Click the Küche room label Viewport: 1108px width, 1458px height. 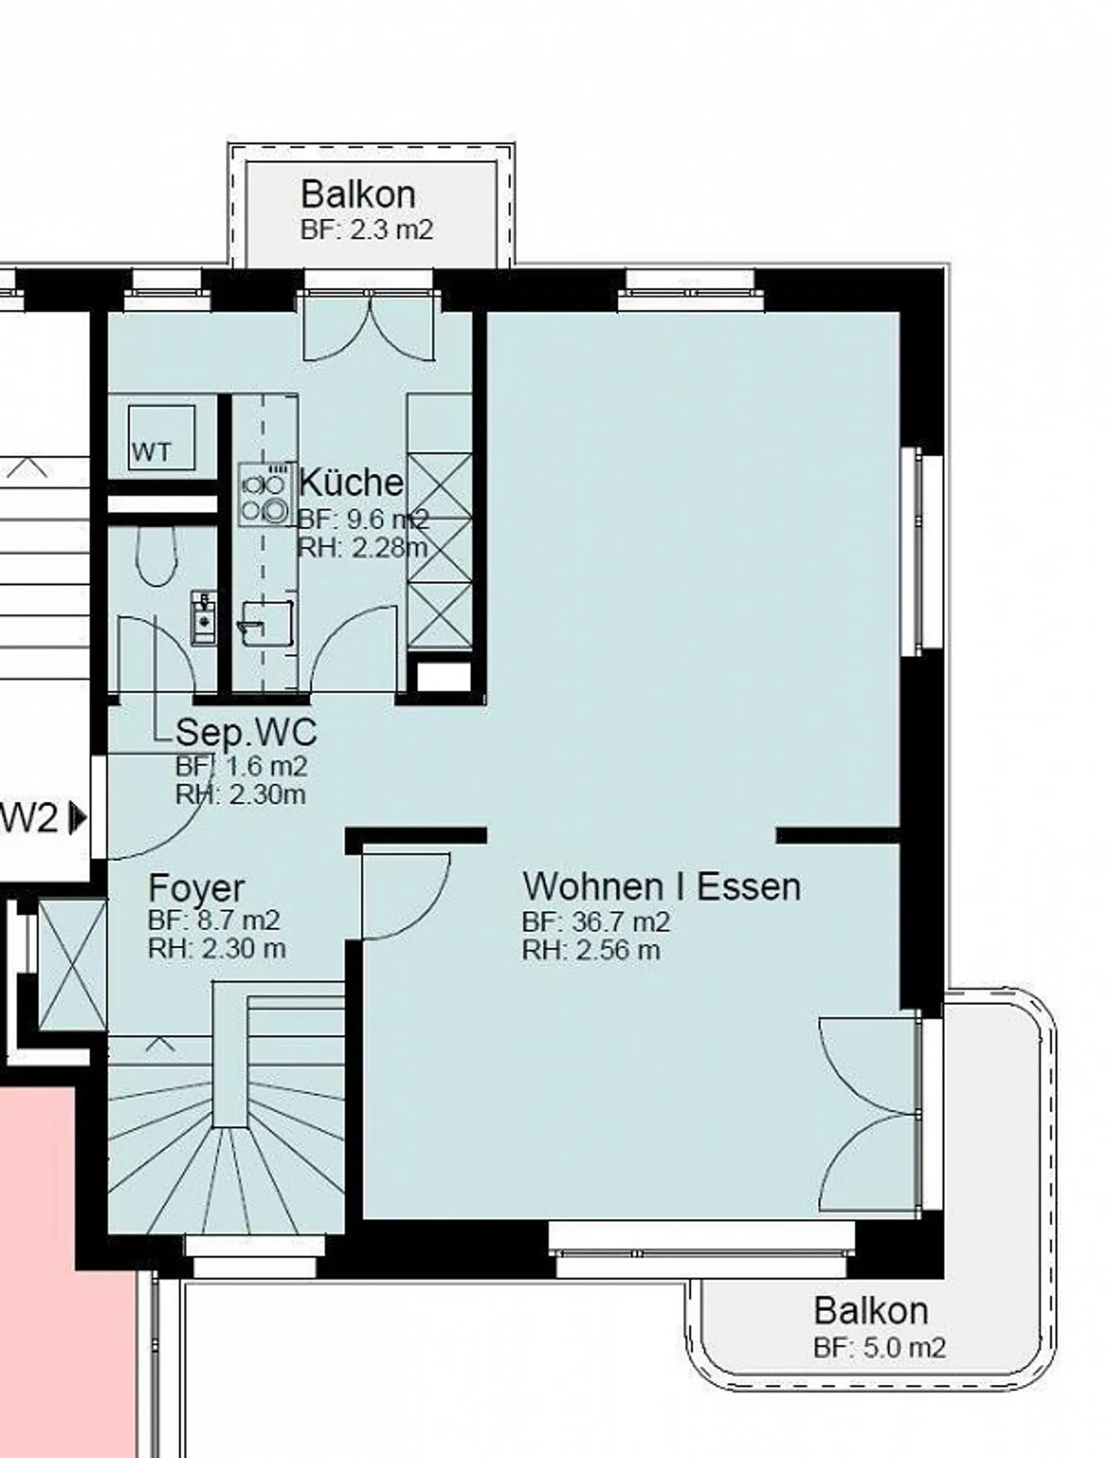(351, 482)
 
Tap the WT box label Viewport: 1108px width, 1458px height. (152, 452)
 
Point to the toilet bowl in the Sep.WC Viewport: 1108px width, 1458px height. (158, 556)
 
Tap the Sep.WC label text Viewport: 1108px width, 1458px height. (245, 732)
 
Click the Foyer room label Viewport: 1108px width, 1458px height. (196, 888)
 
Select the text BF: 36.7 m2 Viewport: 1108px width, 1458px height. (596, 921)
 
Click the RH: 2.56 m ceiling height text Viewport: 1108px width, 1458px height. (591, 950)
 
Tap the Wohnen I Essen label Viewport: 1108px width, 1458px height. (662, 886)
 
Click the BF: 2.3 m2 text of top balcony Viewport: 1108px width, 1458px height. (367, 229)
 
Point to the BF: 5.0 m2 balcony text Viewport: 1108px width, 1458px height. (879, 1347)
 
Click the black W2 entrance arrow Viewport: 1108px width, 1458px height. (78, 818)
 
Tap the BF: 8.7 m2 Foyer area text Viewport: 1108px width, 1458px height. (214, 919)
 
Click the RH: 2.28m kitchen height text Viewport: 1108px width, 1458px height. (362, 548)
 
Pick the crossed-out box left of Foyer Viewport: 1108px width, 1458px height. (72, 966)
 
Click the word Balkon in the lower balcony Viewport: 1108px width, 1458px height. (870, 1310)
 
